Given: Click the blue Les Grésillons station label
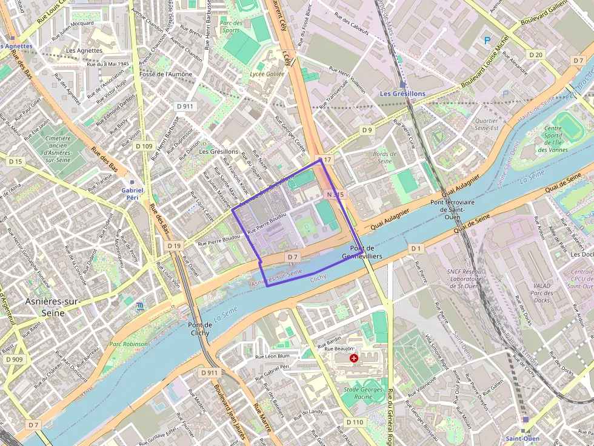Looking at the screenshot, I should click(x=402, y=94).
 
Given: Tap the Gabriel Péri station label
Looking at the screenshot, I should click(x=132, y=194).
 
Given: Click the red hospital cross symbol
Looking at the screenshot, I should click(x=354, y=358).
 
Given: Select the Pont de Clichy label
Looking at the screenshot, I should click(x=199, y=329).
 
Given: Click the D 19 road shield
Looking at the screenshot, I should click(x=175, y=246).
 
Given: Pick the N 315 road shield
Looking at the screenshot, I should click(x=335, y=194).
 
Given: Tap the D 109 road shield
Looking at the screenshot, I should click(x=144, y=146).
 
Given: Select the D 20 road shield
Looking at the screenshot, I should click(x=536, y=55).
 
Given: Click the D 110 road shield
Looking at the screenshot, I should click(x=355, y=422).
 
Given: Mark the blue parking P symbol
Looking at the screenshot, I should click(x=487, y=41).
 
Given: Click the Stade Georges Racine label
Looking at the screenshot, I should click(x=364, y=393).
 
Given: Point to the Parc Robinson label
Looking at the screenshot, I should click(x=128, y=344).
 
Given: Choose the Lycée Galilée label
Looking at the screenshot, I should click(x=267, y=73).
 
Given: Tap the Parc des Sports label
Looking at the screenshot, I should click(x=231, y=27).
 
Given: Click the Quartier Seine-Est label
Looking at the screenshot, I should click(x=487, y=124).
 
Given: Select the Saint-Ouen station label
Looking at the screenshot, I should click(x=525, y=438).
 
